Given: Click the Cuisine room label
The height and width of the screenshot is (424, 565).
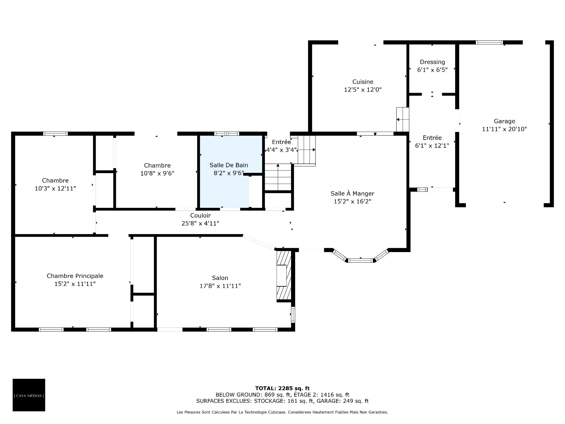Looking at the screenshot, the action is point(363,82).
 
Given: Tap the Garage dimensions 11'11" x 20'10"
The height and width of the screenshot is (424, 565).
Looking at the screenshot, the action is point(504,129).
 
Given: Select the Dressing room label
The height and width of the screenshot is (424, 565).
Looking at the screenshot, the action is point(432,62).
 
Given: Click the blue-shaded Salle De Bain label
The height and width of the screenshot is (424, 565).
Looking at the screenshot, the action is point(229,165).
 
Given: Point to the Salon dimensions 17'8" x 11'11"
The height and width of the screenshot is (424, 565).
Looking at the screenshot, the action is point(220,286).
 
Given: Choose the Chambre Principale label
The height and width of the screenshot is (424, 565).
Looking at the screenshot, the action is point(75,276).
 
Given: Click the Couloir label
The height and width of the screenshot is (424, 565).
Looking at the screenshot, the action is point(200,216).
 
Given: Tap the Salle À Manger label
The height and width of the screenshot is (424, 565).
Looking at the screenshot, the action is point(352,193).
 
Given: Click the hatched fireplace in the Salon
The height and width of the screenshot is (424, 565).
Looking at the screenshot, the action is point(284,275).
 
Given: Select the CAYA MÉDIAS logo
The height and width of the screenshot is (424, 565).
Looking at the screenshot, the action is point(29,395).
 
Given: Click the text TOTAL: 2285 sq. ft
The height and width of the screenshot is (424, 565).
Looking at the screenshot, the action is point(282,388).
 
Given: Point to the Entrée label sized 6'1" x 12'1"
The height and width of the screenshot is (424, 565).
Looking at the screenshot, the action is point(432,138).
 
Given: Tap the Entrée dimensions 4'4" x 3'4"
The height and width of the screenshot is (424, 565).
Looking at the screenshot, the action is point(281,150).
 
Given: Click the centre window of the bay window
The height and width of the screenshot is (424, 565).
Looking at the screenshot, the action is point(360,260).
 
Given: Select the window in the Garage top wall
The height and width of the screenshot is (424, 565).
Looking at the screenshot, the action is point(489,42).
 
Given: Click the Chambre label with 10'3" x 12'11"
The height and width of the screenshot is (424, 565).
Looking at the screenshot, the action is point(55,180).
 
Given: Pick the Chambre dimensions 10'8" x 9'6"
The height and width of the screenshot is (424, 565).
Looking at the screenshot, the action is point(157,173).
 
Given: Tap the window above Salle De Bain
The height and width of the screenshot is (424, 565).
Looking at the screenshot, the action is point(227,134).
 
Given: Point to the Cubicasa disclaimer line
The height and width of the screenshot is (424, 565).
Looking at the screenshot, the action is point(282,412).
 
